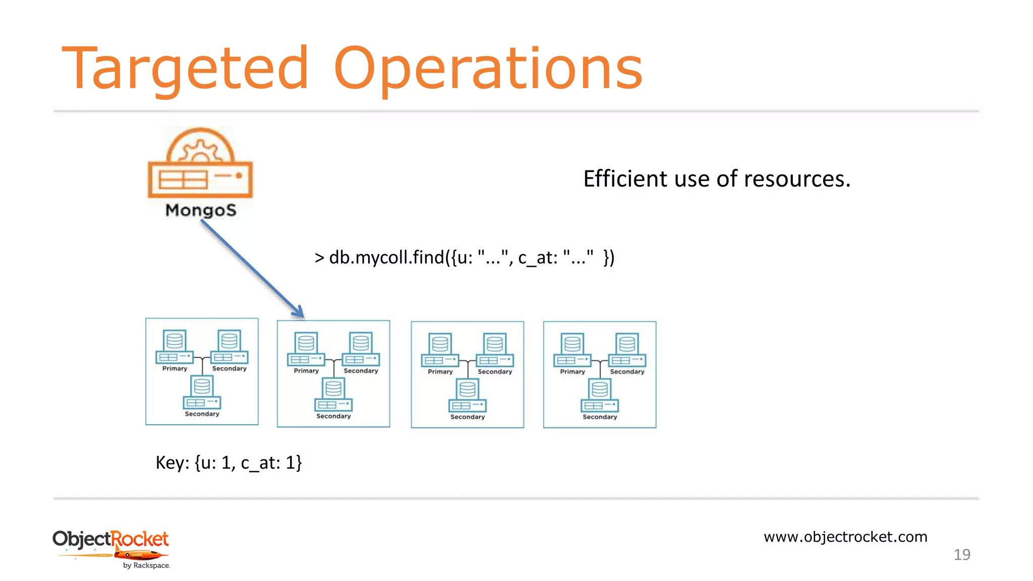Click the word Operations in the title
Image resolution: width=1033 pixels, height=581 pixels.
coord(488,69)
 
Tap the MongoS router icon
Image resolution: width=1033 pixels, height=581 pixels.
coord(200,163)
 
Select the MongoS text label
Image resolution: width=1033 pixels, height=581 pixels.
coord(201,210)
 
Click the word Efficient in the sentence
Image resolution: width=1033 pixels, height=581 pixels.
coord(625,179)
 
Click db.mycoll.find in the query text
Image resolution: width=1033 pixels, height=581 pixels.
coord(386,258)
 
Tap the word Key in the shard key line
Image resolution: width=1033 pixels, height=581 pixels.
coord(171,462)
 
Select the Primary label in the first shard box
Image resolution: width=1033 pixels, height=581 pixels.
coord(175,369)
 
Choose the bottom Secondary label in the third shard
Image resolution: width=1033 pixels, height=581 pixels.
coord(468,417)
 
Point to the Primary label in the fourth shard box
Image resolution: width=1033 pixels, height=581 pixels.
coord(572,372)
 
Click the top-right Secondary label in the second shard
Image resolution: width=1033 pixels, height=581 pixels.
coord(361,371)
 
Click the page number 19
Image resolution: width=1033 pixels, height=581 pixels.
coord(962,555)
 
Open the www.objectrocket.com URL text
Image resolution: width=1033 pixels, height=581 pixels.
coord(845,537)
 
